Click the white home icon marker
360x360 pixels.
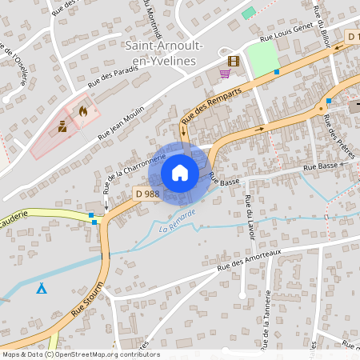click(x=180, y=173)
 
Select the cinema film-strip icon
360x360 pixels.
click(x=233, y=61)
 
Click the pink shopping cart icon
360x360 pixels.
click(x=225, y=74)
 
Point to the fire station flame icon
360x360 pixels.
click(x=82, y=113)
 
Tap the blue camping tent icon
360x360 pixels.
click(x=41, y=288)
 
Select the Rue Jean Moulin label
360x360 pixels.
click(x=121, y=124)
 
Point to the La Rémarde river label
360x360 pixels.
click(x=177, y=222)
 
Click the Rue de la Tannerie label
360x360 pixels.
click(x=264, y=313)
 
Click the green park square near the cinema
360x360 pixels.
click(x=262, y=57)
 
